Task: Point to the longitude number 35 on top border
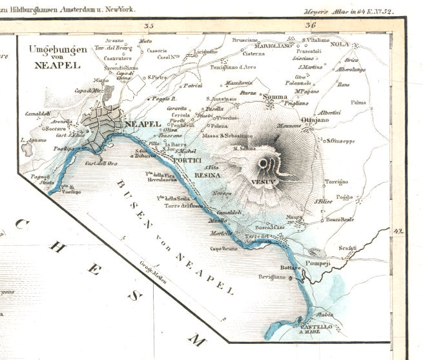tap(150, 26)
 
